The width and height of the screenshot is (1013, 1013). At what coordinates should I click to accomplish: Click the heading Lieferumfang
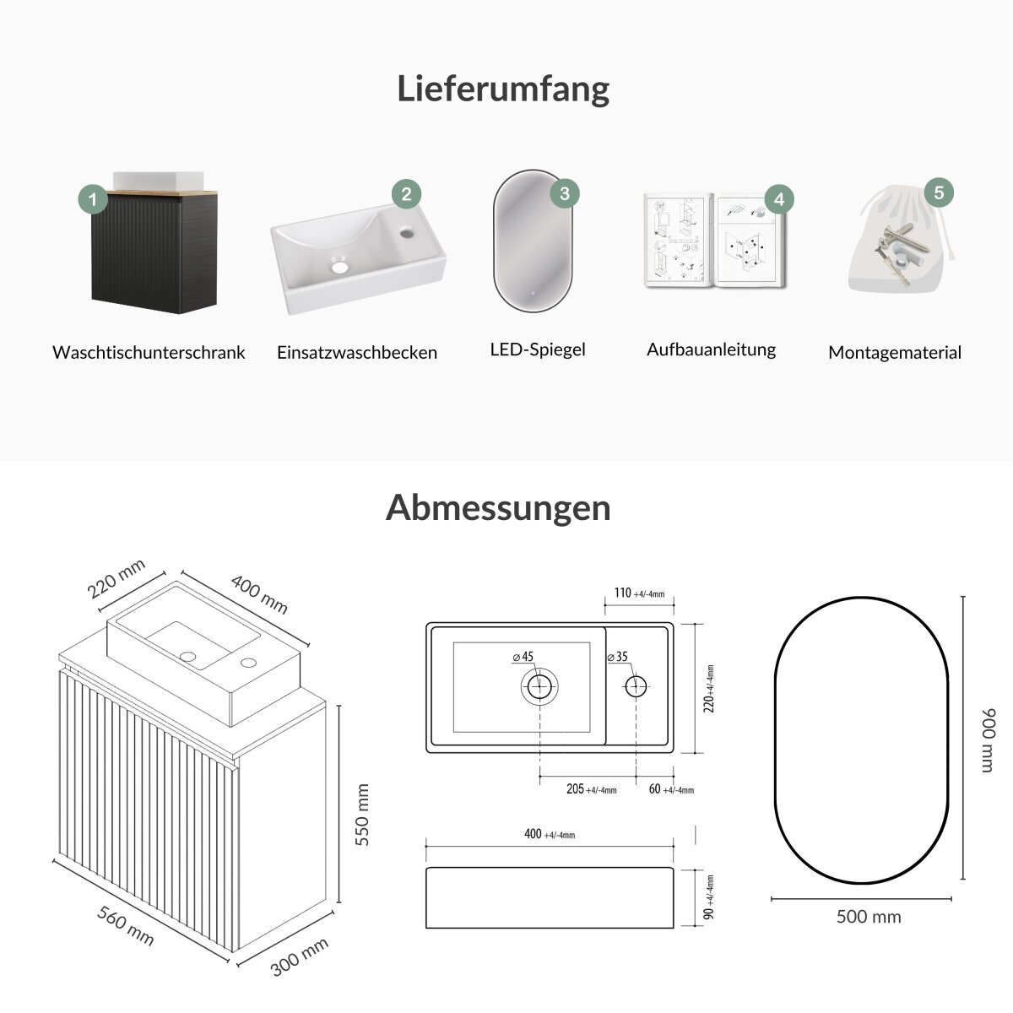tap(503, 89)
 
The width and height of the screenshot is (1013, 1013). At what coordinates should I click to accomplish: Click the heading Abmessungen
tap(498, 508)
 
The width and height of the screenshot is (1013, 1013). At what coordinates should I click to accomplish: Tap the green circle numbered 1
tap(93, 200)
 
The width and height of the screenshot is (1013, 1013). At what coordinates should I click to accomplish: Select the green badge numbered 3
tap(565, 193)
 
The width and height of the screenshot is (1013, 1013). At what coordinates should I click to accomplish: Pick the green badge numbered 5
tap(939, 193)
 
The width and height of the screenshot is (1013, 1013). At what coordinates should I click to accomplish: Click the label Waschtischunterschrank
tap(149, 353)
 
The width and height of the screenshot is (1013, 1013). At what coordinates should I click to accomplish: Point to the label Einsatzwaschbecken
tap(357, 353)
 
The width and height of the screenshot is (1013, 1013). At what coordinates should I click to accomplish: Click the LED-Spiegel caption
tap(538, 349)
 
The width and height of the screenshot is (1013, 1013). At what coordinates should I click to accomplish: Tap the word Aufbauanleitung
tap(712, 349)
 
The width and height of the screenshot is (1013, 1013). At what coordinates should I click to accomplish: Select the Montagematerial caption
tap(895, 353)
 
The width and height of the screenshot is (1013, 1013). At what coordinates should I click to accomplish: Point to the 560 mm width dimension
tap(126, 925)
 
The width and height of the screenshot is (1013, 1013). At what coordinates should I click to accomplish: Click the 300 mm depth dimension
tap(300, 957)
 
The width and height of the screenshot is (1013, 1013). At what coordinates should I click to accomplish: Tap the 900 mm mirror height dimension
tap(989, 740)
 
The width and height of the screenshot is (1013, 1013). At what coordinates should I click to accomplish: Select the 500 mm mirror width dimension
tap(869, 917)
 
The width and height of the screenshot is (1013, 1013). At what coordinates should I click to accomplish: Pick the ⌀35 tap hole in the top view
tap(636, 685)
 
